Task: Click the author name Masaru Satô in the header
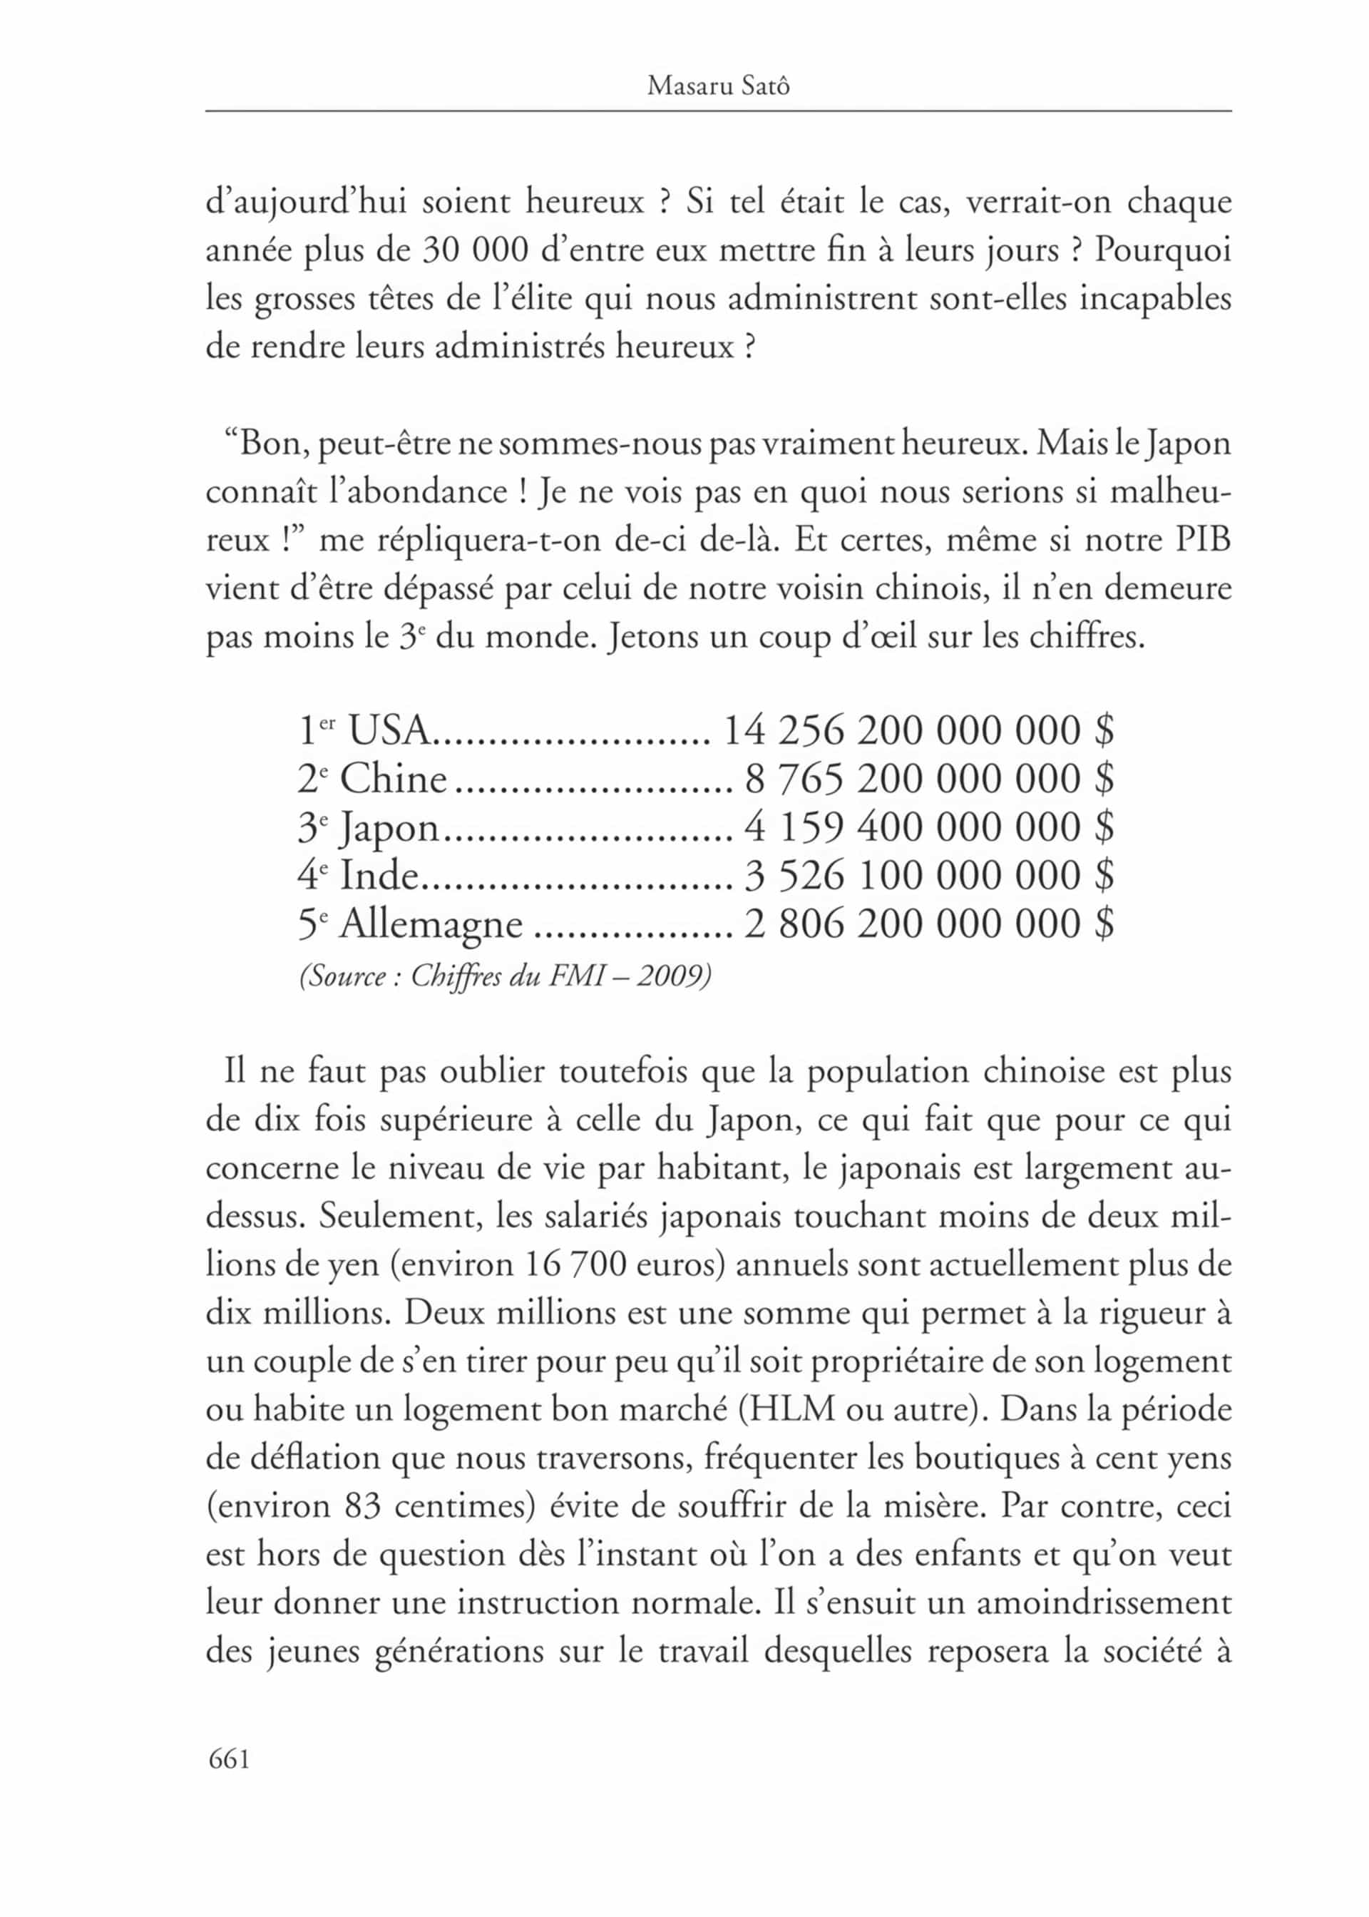(x=718, y=86)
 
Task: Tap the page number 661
(x=230, y=1759)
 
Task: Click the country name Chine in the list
(x=393, y=779)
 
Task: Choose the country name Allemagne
(x=431, y=925)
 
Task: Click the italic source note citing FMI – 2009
(x=505, y=976)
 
